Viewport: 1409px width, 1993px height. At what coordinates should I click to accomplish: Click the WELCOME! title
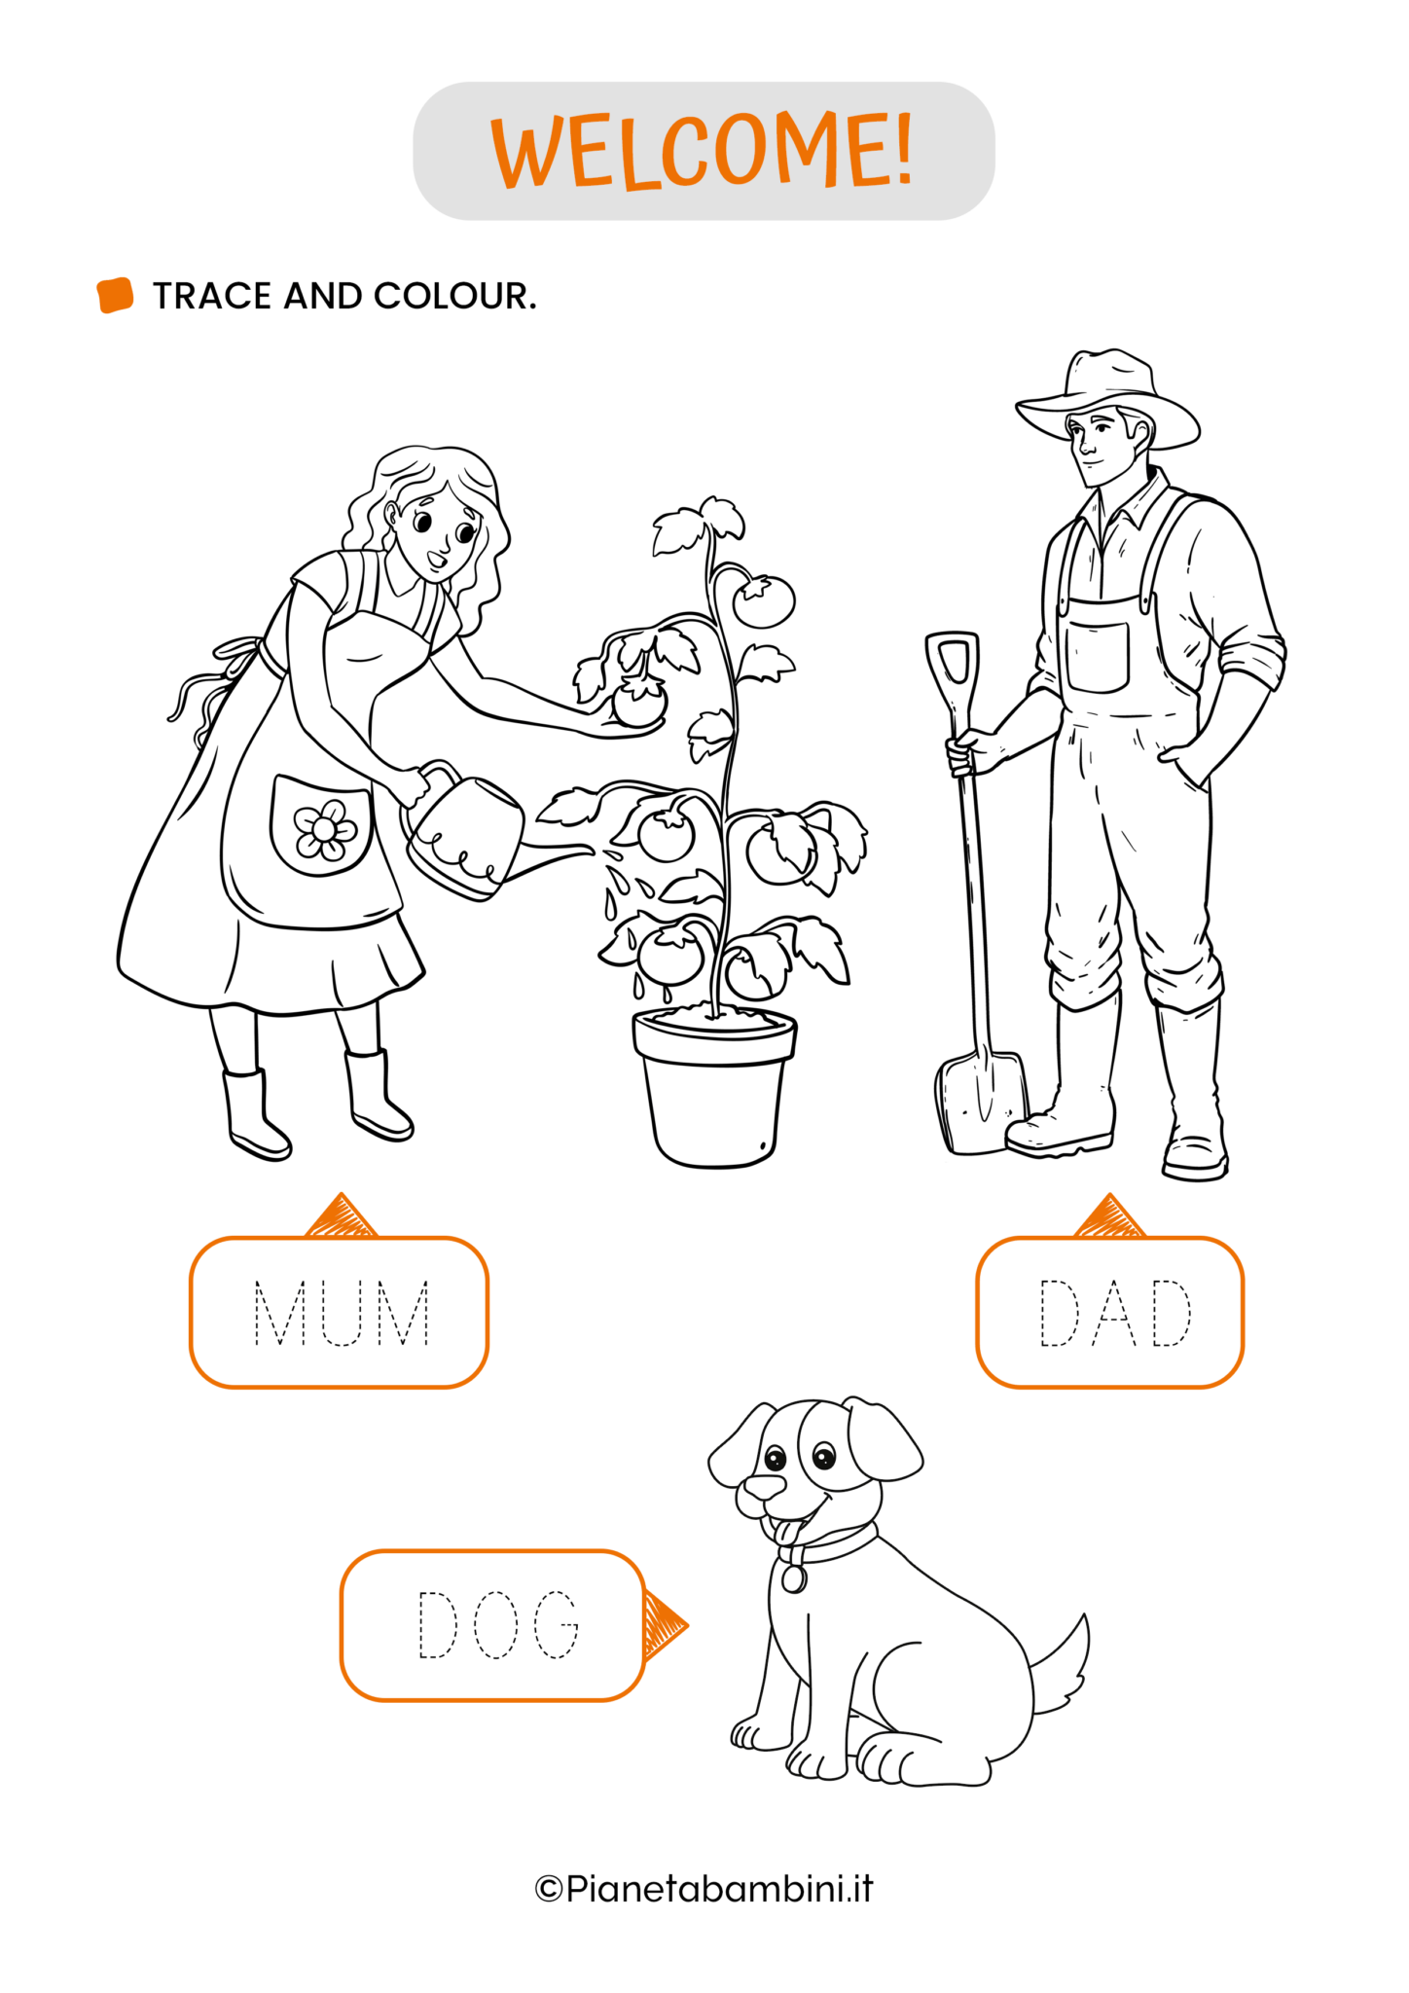[x=703, y=151]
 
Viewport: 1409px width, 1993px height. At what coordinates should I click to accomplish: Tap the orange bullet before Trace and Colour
[x=115, y=296]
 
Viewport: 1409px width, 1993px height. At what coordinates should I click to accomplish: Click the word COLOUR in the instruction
[x=454, y=296]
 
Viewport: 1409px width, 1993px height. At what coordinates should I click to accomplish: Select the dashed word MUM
[x=342, y=1313]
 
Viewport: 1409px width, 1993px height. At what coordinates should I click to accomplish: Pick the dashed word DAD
[x=1115, y=1313]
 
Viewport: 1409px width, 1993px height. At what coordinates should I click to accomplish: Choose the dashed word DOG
[x=498, y=1624]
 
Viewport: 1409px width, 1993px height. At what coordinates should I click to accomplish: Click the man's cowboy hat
[x=1107, y=398]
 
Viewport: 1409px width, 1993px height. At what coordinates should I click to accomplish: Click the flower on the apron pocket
[x=325, y=829]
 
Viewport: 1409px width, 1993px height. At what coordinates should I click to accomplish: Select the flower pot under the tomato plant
[x=714, y=1087]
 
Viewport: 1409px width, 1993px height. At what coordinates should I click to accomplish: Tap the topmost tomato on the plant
[x=764, y=601]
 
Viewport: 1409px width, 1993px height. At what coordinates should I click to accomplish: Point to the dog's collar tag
[x=794, y=1578]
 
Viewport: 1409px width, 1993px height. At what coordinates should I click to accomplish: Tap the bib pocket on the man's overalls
[x=1098, y=657]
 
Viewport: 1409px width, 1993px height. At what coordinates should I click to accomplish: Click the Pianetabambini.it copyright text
[x=704, y=1889]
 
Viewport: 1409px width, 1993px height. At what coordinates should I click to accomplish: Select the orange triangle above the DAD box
[x=1109, y=1216]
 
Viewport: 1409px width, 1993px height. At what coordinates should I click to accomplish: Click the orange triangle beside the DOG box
[x=665, y=1625]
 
